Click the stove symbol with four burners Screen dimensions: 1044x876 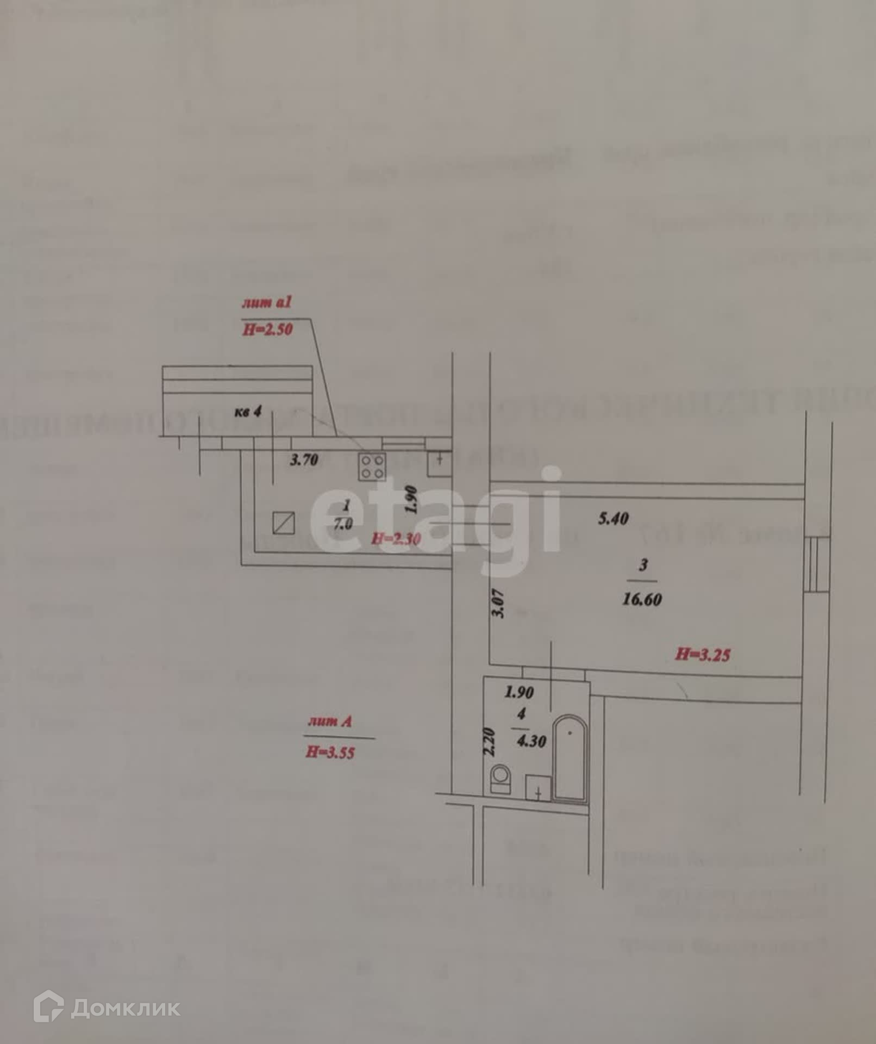click(372, 467)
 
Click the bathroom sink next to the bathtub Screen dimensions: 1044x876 click(538, 788)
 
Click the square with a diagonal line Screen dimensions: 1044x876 click(284, 523)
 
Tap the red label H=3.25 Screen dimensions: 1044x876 click(703, 654)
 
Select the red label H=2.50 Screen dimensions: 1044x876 click(268, 329)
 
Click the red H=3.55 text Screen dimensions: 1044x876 click(330, 753)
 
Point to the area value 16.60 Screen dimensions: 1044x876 click(642, 599)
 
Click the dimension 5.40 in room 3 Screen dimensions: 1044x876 click(613, 518)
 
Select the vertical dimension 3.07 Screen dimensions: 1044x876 click(499, 604)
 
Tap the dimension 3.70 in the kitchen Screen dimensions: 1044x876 click(304, 460)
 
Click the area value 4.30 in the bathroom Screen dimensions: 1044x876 click(531, 741)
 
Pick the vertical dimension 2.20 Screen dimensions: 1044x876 click(489, 742)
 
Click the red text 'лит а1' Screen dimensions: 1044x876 click(267, 302)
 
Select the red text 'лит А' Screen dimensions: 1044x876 click(330, 722)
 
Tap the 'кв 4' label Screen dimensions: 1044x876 click(248, 412)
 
